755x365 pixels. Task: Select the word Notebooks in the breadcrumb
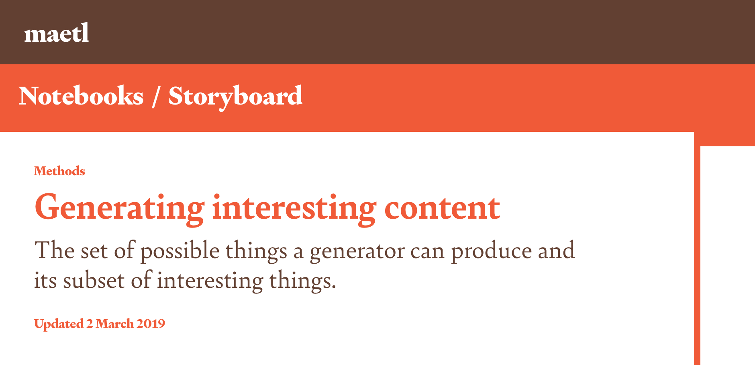[x=81, y=96]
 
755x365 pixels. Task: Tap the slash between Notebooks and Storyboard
[x=156, y=96]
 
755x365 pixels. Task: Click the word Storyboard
[x=235, y=97]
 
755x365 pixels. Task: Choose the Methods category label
[x=59, y=171]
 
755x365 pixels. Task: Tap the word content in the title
[x=442, y=208]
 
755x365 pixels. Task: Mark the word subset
[x=94, y=280]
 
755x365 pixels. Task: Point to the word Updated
[x=59, y=324]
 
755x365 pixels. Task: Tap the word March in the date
[x=114, y=324]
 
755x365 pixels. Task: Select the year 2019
[x=151, y=324]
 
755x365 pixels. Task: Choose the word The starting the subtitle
[x=54, y=250]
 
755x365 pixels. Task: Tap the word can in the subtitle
[x=427, y=252]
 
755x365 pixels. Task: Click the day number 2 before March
[x=90, y=324]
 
